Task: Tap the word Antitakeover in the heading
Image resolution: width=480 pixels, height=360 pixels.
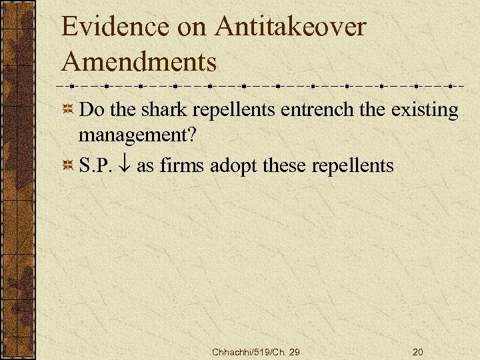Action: (291, 27)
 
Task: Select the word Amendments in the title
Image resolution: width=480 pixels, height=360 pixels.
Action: (139, 62)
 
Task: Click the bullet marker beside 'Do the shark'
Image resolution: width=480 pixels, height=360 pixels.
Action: (67, 110)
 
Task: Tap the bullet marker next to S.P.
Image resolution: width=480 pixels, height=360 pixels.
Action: (67, 165)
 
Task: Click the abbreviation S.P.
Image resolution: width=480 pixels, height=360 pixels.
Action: (95, 165)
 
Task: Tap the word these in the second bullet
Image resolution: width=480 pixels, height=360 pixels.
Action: (287, 165)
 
